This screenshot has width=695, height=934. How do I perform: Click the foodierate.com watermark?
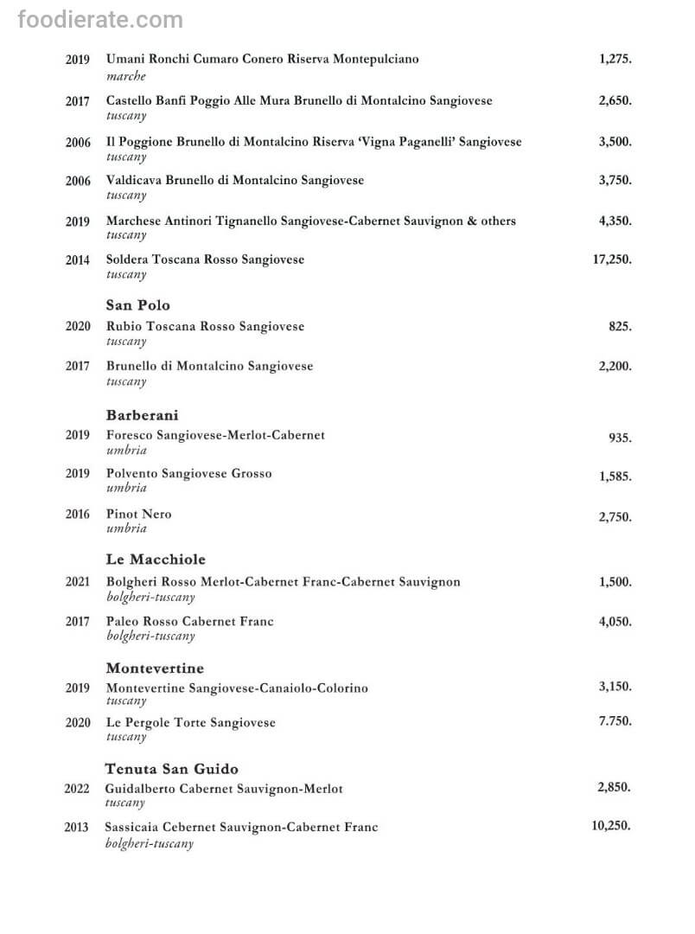(100, 20)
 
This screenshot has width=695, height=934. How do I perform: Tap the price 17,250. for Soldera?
(612, 259)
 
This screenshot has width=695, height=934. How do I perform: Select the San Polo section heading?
(138, 305)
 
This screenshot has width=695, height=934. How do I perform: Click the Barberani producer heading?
(143, 415)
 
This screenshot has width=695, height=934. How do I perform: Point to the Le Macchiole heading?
(156, 560)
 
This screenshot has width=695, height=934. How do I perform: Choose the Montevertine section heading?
(155, 669)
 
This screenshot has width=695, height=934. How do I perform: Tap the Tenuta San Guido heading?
(172, 769)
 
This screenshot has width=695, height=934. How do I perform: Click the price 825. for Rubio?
(620, 327)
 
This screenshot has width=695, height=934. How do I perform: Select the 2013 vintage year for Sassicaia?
(76, 828)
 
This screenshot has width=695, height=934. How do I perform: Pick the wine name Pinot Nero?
(139, 514)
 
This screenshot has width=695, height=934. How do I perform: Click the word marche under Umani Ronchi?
(126, 76)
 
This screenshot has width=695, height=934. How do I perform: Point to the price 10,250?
(611, 826)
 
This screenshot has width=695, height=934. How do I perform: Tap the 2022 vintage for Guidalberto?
(76, 789)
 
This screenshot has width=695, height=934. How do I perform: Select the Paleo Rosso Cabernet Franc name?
(190, 621)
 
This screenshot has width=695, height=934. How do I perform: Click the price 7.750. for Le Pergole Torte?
(615, 720)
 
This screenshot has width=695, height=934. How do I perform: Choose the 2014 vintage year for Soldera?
(78, 259)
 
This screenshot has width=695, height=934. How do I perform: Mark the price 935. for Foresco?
(620, 438)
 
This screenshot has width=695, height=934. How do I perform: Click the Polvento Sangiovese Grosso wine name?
(189, 474)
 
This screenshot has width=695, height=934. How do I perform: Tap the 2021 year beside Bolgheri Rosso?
(78, 582)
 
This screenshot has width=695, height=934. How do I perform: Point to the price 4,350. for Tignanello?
(615, 221)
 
